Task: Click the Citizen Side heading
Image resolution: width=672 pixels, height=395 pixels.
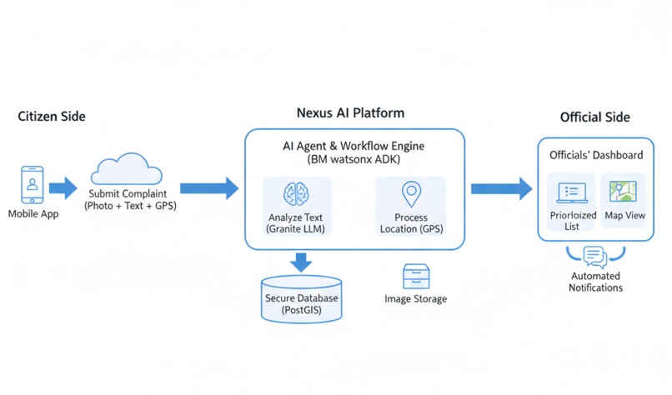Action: coord(52,117)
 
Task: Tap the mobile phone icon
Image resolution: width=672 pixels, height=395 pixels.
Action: coord(33,184)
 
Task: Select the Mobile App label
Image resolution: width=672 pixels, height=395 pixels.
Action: coord(33,214)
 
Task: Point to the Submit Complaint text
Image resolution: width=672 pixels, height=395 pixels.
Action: coord(128,194)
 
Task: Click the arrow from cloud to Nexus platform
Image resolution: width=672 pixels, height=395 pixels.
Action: coord(208,187)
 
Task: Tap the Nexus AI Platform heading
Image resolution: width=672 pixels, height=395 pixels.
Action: coord(350,113)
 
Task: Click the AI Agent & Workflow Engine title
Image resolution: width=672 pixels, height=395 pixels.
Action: coord(354,146)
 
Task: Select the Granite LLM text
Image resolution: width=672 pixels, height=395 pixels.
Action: coord(295,228)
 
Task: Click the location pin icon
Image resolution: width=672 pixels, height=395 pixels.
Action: coord(411,194)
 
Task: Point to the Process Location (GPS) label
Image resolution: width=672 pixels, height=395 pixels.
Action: coord(411,223)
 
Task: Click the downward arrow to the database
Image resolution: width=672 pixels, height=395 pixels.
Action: coord(301,262)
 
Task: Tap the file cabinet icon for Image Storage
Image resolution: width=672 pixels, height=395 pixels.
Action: coord(415,277)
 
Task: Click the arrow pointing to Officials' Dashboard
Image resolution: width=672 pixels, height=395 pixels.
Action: coord(500,188)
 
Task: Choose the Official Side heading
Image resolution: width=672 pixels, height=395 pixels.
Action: coord(594,117)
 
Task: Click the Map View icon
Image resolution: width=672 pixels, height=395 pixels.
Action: coord(623,192)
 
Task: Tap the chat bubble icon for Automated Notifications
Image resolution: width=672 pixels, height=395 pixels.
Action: coord(594,255)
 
